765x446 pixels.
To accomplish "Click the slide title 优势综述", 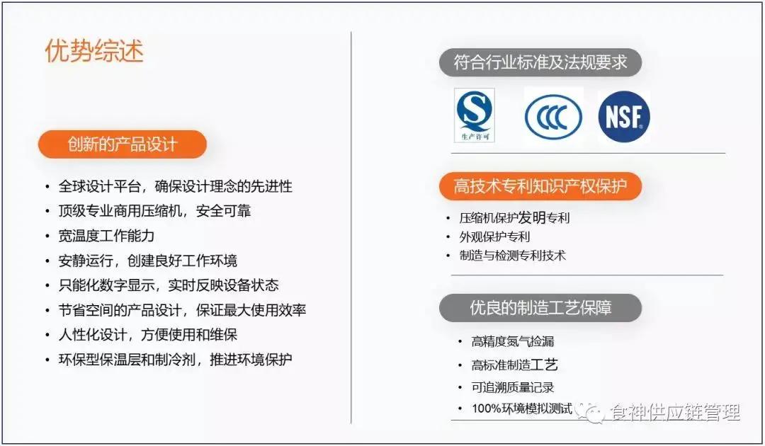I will pyautogui.click(x=94, y=51).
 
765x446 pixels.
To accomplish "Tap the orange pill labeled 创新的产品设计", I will pyautogui.click(x=123, y=144).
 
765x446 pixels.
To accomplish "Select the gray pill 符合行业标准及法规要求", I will pyautogui.click(x=540, y=62).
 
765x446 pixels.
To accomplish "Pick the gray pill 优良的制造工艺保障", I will pyautogui.click(x=540, y=308).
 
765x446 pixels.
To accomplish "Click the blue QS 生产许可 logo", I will pyautogui.click(x=475, y=115).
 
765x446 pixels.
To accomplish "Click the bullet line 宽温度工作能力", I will pyautogui.click(x=106, y=236).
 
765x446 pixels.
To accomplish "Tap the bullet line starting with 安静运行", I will pyautogui.click(x=147, y=261).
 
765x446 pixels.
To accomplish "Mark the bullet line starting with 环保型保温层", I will pyautogui.click(x=175, y=359).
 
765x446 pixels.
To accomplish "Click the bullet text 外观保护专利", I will pyautogui.click(x=494, y=236).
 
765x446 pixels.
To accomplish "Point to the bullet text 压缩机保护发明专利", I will pyautogui.click(x=514, y=218).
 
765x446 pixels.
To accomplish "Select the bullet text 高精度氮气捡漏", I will pyautogui.click(x=513, y=341).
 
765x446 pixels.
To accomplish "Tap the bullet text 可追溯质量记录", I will pyautogui.click(x=513, y=387).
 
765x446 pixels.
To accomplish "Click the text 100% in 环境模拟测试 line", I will pyautogui.click(x=486, y=408).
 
